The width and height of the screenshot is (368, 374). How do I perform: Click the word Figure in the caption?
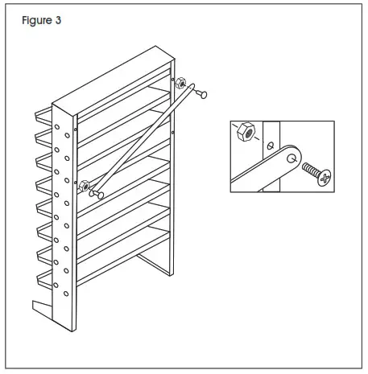tap(33, 21)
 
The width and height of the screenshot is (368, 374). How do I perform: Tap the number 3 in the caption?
tap(57, 21)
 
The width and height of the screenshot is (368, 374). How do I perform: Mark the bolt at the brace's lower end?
tap(97, 195)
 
